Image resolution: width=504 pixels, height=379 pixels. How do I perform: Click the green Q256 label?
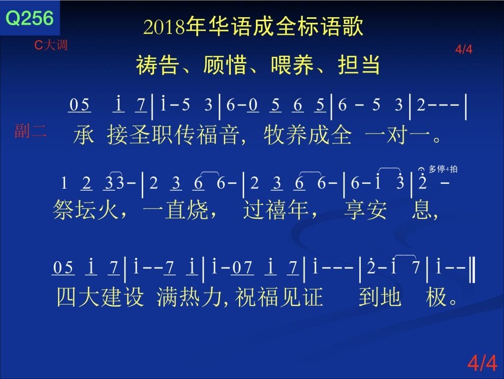pos(30,18)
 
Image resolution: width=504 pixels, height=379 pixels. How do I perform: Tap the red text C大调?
pos(51,45)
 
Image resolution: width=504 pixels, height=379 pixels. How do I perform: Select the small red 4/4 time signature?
pos(464,49)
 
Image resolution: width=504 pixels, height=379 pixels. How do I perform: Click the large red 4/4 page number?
pos(482,363)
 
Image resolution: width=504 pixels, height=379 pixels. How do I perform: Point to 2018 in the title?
pos(164,27)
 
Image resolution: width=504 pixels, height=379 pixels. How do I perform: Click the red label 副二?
pos(31,131)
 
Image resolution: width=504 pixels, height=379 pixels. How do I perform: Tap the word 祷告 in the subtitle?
pos(157,66)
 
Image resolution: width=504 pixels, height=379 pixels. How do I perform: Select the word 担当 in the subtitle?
pos(359,66)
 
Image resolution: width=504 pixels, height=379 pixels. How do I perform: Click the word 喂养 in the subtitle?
pos(292,66)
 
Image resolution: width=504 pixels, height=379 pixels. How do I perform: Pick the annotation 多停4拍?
pos(443,169)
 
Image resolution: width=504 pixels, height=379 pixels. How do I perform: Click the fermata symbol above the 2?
pos(421,169)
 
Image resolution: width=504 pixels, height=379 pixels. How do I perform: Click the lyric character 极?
pos(437,297)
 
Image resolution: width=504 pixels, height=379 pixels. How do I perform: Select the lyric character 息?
pos(422,210)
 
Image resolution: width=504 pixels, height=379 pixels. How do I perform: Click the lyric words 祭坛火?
pos(85,210)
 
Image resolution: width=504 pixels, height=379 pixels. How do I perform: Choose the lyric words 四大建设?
pos(100,297)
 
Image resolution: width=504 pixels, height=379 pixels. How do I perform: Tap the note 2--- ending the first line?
pos(438,105)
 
